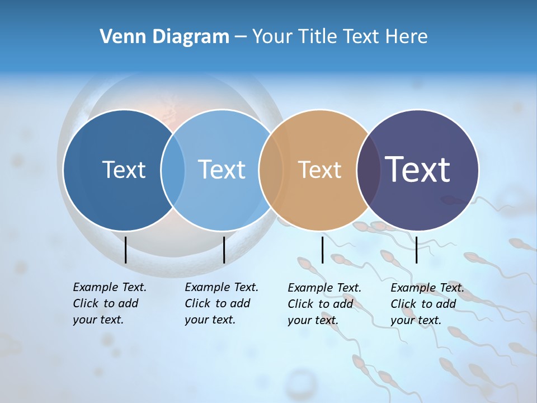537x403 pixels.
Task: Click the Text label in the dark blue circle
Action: pos(124,170)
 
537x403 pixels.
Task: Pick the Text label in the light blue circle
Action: pos(222,170)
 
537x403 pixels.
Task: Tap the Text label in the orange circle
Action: pos(319,170)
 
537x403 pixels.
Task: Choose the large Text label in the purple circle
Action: pos(417,169)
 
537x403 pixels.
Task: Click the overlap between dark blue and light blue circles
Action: pos(173,170)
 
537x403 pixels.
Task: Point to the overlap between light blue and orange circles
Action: pos(271,170)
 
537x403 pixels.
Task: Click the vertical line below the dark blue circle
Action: pos(125,250)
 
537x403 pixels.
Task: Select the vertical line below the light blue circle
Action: pos(224,250)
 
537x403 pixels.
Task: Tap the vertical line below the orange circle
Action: pos(322,250)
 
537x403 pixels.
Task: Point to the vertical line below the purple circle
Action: pos(416,250)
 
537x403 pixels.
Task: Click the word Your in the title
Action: pos(272,36)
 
